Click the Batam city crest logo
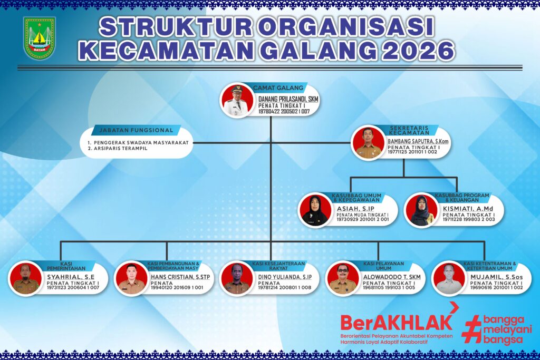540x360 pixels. (x=40, y=38)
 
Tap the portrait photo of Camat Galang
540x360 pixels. (x=238, y=100)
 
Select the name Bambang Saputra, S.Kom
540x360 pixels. (x=418, y=141)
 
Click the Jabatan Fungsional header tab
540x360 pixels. (x=136, y=130)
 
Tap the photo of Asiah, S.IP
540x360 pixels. (x=315, y=210)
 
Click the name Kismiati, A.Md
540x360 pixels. (x=468, y=209)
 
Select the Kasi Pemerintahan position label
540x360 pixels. (x=66, y=266)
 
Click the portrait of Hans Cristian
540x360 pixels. (x=131, y=278)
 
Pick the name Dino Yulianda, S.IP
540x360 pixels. (x=285, y=277)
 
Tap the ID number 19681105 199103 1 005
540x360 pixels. (x=389, y=287)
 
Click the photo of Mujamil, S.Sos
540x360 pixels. (x=449, y=278)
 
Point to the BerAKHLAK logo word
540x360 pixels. (x=396, y=322)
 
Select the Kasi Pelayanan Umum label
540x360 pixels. (x=383, y=266)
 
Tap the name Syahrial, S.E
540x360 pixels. (x=71, y=277)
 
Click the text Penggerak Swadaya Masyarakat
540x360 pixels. (x=141, y=142)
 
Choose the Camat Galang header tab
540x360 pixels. (x=278, y=88)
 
